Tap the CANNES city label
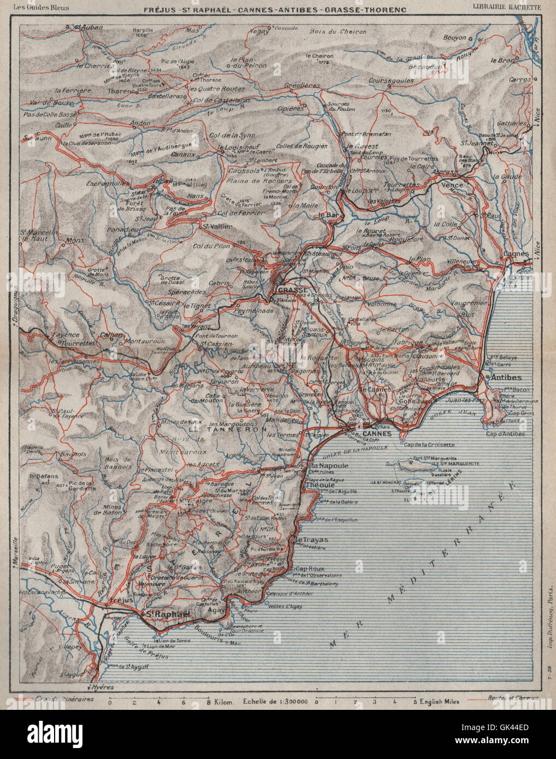tap(377, 434)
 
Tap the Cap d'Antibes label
tap(505, 434)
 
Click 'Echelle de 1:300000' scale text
tap(275, 701)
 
